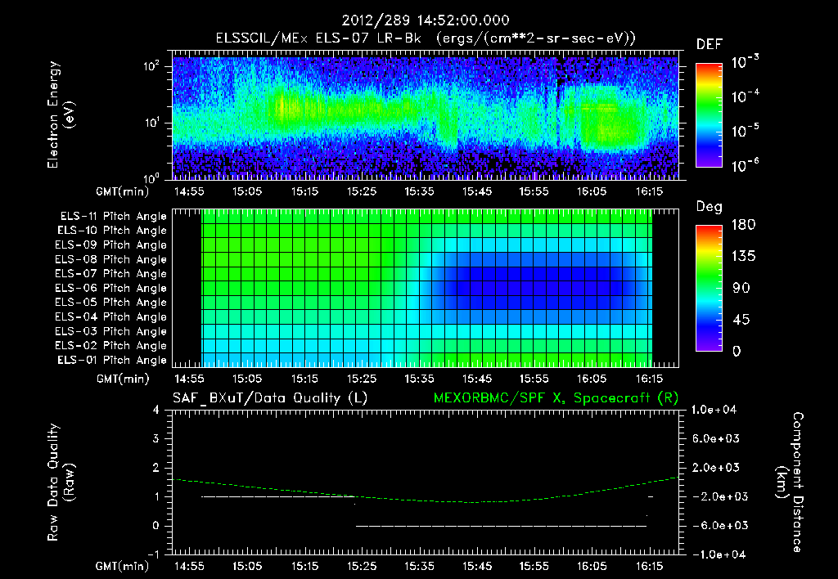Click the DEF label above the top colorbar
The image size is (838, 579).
(x=709, y=45)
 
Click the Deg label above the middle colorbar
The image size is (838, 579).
(x=709, y=207)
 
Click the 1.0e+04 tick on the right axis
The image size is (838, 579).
(x=716, y=410)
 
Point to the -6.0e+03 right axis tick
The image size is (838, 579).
(x=716, y=526)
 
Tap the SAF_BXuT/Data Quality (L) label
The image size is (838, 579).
(x=269, y=398)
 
